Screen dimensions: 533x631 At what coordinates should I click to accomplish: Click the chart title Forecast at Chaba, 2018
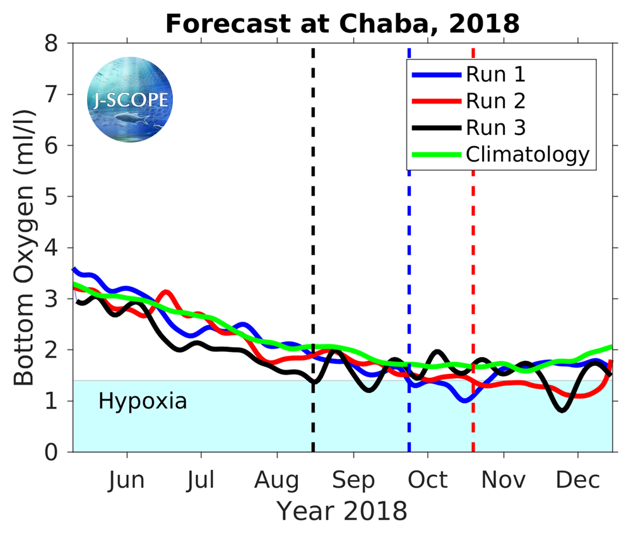(x=342, y=24)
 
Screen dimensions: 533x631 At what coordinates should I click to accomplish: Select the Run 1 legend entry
(x=495, y=74)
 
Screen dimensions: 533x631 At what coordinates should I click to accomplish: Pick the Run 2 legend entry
(x=495, y=101)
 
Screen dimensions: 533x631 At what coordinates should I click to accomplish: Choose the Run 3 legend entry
(x=495, y=127)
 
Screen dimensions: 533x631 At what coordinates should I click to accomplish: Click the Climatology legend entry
(x=528, y=154)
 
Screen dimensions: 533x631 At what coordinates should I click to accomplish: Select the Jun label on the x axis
(x=126, y=481)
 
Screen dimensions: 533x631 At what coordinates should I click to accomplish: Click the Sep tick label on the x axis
(x=353, y=481)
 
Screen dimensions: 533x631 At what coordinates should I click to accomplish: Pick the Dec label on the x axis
(x=578, y=481)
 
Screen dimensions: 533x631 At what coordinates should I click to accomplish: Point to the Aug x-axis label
(x=277, y=481)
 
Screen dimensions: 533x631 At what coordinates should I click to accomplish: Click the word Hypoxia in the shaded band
(x=143, y=401)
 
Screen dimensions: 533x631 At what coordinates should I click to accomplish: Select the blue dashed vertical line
(x=409, y=252)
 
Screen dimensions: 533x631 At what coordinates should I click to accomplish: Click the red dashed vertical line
(x=473, y=252)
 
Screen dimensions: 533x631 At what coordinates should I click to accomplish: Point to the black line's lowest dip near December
(x=562, y=410)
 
